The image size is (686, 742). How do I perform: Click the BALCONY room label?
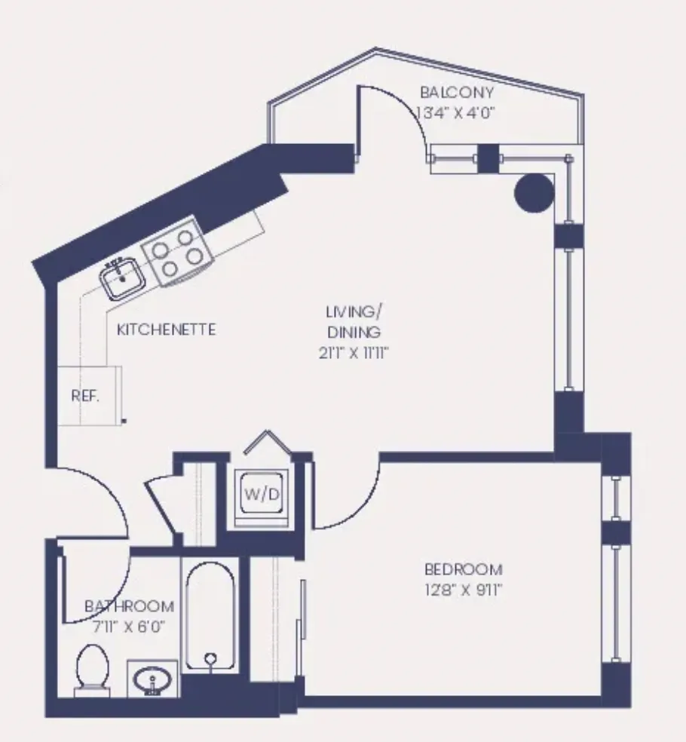457,93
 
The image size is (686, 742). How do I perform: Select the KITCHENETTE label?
167,330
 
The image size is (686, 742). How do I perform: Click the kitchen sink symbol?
121,278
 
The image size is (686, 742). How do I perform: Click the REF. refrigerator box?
86,396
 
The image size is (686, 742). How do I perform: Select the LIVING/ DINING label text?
352,320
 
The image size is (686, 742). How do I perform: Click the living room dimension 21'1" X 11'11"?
352,352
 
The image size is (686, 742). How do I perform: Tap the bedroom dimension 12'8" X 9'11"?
463,589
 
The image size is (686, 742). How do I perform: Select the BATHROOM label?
129,606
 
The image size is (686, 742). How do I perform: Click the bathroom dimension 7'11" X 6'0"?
129,625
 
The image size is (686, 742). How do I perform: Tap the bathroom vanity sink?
153,677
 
